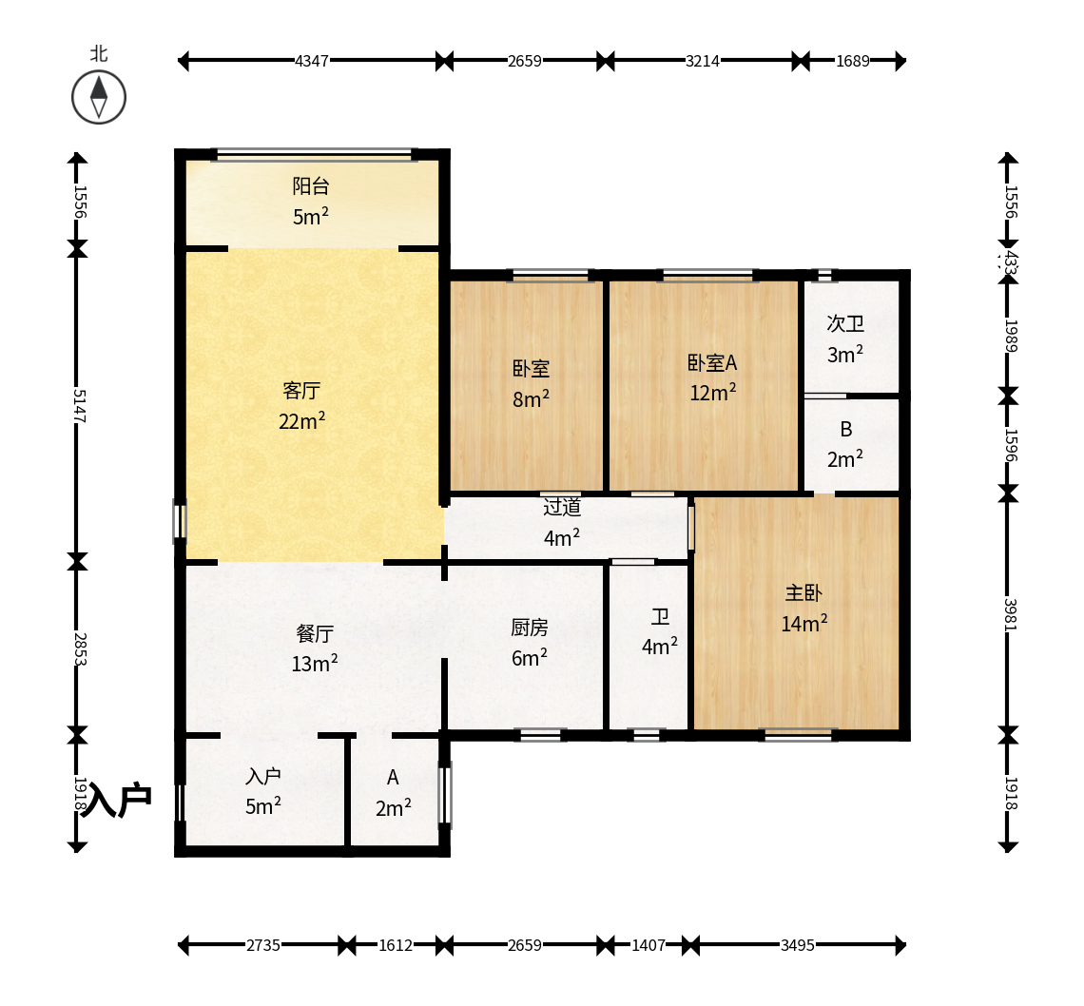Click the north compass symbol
[99, 97]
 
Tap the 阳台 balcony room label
[310, 185]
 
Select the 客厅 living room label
[301, 391]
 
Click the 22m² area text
[301, 420]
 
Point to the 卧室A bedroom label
[712, 363]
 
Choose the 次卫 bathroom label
[844, 323]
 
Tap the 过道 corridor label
[561, 507]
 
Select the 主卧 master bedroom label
[803, 592]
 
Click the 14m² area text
[804, 623]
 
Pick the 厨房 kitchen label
[530, 628]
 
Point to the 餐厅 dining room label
[315, 633]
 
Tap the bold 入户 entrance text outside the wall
[117, 801]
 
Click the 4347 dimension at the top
[312, 61]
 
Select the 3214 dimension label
[703, 61]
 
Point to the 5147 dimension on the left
[79, 406]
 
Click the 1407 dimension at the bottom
[648, 945]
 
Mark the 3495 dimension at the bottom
[798, 945]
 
